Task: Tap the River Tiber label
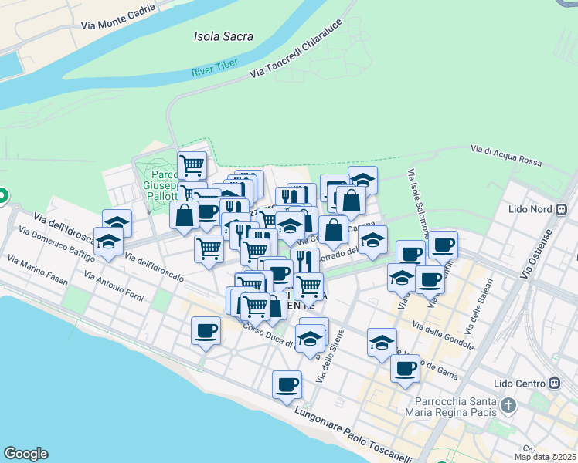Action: click(x=214, y=73)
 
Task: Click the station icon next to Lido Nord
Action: click(x=562, y=209)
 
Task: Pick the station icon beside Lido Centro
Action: click(x=554, y=383)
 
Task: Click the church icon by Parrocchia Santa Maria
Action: click(x=508, y=404)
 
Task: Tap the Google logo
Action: click(x=25, y=454)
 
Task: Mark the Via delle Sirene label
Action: click(x=329, y=356)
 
